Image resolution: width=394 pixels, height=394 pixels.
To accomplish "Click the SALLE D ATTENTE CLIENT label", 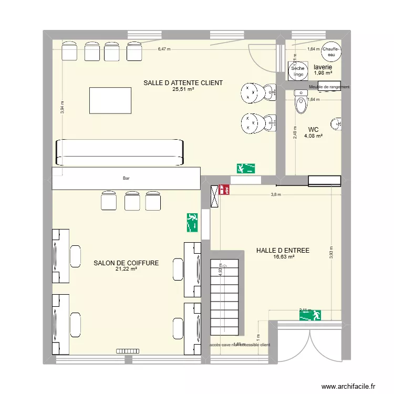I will point(183,82).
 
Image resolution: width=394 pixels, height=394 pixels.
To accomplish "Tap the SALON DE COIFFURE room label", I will point(126,263).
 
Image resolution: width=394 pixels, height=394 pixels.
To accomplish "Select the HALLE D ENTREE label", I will point(283,251).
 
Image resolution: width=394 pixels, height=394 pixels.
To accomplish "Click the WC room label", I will point(313,129).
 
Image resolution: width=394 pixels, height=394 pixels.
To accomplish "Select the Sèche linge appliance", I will point(298,71).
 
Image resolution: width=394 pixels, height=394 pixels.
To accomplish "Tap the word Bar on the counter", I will point(126,179).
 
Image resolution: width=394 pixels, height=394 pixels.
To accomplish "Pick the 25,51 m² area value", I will point(183,89).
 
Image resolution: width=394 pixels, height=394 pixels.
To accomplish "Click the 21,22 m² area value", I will point(126,269).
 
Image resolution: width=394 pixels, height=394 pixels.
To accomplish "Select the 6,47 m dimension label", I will point(164,49).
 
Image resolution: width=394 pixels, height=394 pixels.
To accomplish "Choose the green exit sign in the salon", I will point(192,223).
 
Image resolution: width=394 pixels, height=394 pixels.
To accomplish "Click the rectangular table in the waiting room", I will point(110,100).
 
